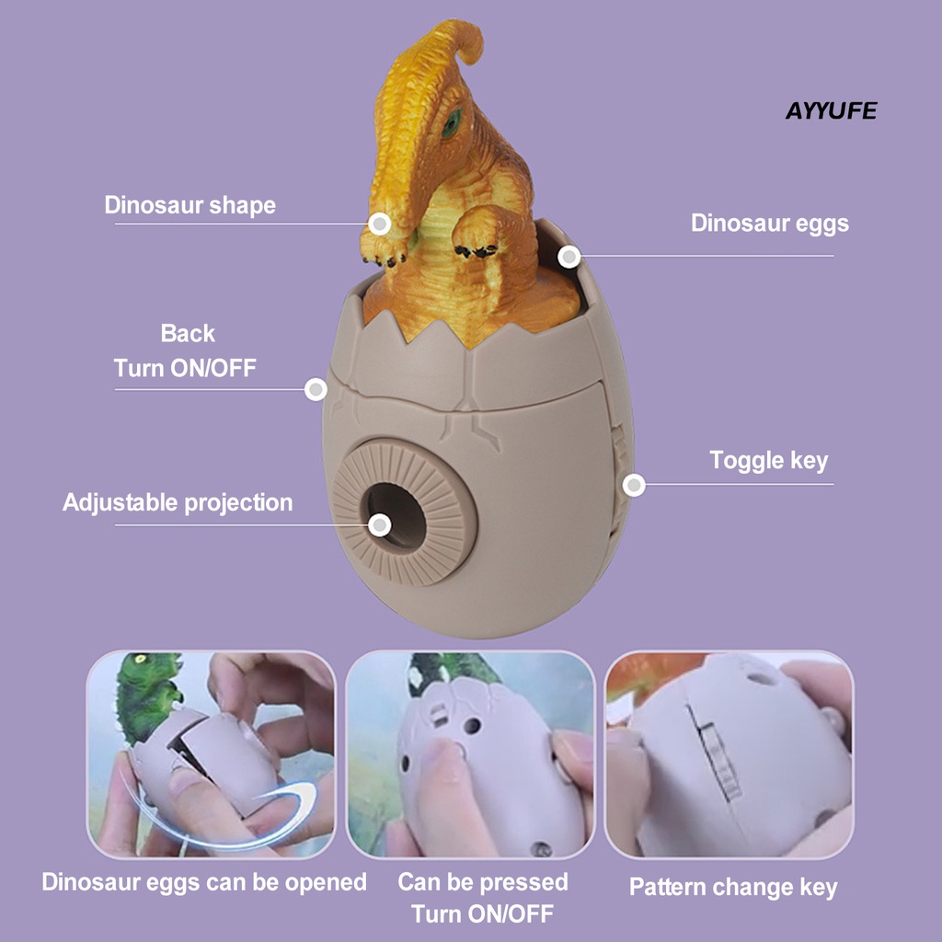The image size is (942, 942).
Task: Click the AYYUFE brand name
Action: pos(831,110)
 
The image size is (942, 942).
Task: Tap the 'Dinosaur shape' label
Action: pos(190,205)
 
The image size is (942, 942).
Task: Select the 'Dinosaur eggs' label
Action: pos(770,223)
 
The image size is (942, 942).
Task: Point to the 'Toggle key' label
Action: pos(768,461)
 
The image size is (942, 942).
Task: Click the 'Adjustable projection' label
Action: pos(178,503)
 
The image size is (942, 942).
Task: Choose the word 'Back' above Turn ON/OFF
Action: pos(188,333)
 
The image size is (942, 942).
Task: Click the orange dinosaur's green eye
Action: pos(451,122)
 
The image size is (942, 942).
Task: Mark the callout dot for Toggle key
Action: pos(633,485)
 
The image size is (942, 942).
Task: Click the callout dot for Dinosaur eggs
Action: pos(569,258)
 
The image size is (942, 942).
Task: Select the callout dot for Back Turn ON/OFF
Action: pos(316,389)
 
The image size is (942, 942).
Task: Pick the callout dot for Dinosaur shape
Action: pos(379,224)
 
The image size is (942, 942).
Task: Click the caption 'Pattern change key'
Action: pos(733,888)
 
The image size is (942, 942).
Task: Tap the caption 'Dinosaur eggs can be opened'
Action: pos(204,882)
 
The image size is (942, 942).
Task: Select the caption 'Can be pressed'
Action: pos(482,882)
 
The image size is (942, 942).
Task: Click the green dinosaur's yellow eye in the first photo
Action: pos(141,659)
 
